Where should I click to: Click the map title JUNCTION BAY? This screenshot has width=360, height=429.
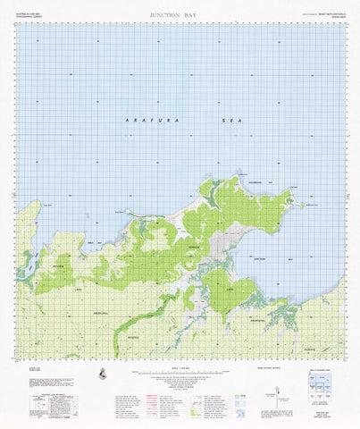click(179, 15)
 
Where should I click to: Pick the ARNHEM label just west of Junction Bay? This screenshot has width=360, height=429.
click(194, 247)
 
